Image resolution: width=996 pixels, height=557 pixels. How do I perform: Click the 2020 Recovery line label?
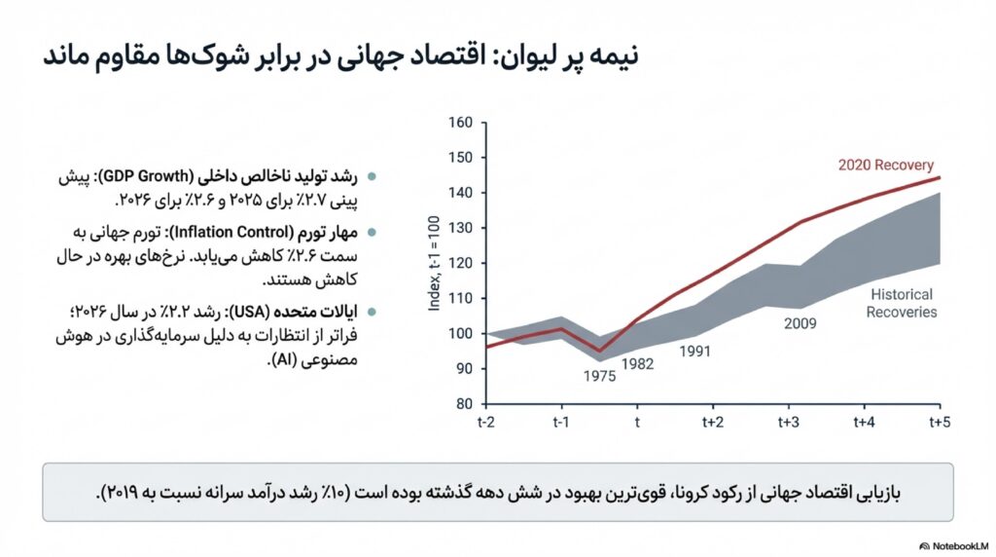tap(885, 165)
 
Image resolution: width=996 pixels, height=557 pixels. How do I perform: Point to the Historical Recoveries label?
tap(903, 303)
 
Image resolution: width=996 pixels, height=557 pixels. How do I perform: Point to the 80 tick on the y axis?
tap(464, 404)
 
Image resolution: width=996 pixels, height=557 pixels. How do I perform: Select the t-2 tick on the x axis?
tap(486, 422)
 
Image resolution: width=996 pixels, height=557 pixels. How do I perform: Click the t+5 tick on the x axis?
tap(939, 422)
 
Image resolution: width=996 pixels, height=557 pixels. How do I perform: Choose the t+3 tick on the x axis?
tap(788, 422)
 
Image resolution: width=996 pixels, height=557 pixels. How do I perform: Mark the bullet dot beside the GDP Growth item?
tap(373, 178)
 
